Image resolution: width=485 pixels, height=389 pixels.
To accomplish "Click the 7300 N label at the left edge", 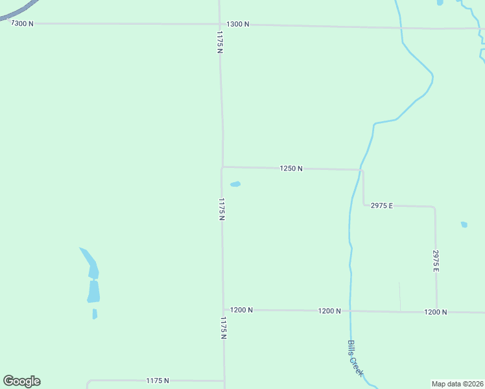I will click(x=22, y=23).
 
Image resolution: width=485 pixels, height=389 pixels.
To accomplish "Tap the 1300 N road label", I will click(x=238, y=24).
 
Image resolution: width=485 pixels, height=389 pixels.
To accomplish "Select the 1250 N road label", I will click(x=291, y=169).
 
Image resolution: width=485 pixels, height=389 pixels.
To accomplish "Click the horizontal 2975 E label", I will click(x=382, y=206).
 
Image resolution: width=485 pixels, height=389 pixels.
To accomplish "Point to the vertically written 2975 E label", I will click(x=436, y=261).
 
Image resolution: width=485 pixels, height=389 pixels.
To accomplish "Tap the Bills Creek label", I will click(x=355, y=359).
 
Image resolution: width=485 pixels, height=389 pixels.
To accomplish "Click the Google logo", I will click(x=21, y=381).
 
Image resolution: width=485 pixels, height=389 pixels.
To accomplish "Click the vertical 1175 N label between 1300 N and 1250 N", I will click(x=220, y=43).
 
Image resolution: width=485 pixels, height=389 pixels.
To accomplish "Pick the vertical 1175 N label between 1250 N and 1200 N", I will click(x=222, y=209).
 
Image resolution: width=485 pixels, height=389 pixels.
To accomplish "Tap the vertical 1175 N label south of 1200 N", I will click(x=223, y=328).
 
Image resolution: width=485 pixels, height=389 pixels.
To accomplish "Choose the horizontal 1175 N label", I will click(x=158, y=381).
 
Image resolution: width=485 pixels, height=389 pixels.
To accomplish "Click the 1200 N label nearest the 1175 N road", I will click(x=241, y=310).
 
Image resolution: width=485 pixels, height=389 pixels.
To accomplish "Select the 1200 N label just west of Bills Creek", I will click(x=329, y=311).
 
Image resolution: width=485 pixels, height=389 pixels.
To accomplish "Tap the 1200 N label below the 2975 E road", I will click(x=436, y=312).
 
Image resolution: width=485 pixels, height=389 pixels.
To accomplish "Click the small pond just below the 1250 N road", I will click(x=235, y=184).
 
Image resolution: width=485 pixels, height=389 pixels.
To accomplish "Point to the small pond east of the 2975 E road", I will click(x=464, y=225).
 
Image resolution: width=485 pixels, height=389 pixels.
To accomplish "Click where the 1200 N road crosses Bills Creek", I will click(x=351, y=311).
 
